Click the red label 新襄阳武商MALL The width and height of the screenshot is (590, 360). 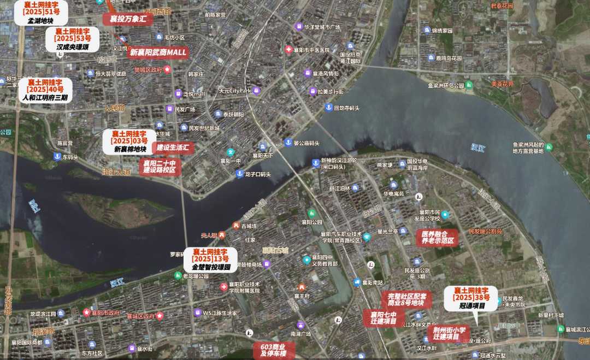[158, 52]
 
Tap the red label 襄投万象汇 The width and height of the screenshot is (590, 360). [128, 19]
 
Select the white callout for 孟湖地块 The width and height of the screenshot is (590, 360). [41, 13]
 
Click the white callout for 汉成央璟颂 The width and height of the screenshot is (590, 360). [72, 39]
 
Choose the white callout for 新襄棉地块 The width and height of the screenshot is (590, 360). [130, 141]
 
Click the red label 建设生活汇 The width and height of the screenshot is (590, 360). [173, 147]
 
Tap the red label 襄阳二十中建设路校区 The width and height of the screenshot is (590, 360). [160, 166]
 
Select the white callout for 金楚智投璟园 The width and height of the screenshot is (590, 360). [210, 259]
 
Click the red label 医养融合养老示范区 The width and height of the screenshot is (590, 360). [437, 237]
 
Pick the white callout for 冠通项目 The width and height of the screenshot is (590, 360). [471, 298]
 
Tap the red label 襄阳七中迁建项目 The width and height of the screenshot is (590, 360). [383, 318]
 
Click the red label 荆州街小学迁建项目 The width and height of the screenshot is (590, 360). [449, 333]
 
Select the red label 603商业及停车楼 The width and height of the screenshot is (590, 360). [274, 350]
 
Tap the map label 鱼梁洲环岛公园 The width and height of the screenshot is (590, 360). [446, 85]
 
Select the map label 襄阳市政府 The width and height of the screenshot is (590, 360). [105, 312]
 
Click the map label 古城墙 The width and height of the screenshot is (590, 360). [249, 225]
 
